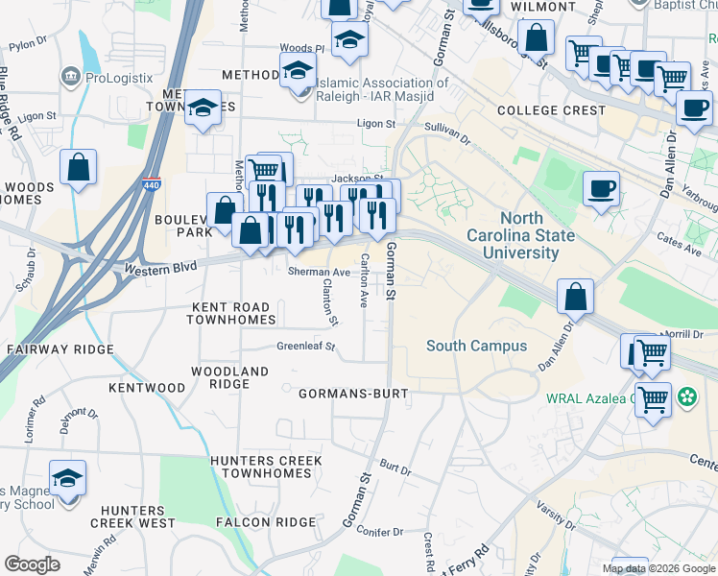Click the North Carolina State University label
pyautogui.click(x=521, y=235)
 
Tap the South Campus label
pyautogui.click(x=476, y=346)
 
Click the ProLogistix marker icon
pyautogui.click(x=70, y=76)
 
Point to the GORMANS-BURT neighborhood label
pyautogui.click(x=353, y=395)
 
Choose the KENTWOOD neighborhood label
pyautogui.click(x=147, y=388)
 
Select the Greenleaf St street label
pyautogui.click(x=306, y=346)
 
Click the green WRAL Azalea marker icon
pyautogui.click(x=686, y=396)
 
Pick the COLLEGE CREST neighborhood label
pyautogui.click(x=551, y=110)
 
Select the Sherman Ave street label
pyautogui.click(x=319, y=272)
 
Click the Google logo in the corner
pyautogui.click(x=32, y=564)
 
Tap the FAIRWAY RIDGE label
pyautogui.click(x=60, y=349)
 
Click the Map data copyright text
pyautogui.click(x=658, y=568)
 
